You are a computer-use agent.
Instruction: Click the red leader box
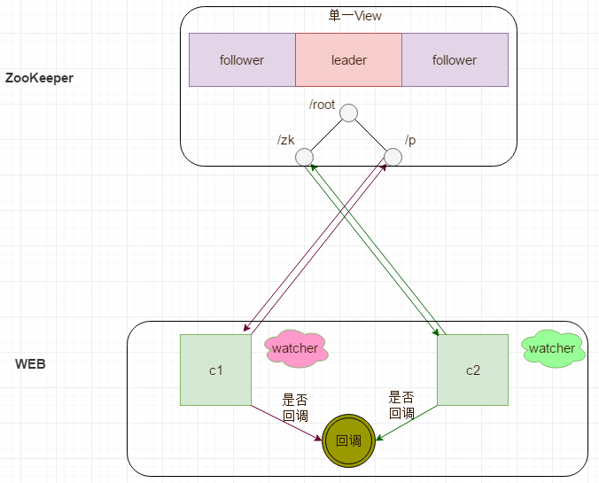(x=348, y=59)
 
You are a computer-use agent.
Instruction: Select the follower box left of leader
(x=242, y=59)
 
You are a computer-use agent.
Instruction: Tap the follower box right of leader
(x=455, y=59)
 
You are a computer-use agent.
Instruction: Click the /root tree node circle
(x=348, y=113)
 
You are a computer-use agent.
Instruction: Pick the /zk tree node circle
(x=305, y=157)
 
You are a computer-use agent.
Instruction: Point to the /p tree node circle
(x=393, y=157)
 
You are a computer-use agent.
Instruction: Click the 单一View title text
(x=355, y=16)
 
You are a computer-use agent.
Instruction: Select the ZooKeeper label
(x=39, y=78)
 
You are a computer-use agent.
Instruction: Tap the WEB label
(x=30, y=363)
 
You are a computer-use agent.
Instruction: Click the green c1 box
(x=216, y=370)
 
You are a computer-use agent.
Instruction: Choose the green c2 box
(x=472, y=370)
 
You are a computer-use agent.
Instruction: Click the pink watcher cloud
(x=296, y=348)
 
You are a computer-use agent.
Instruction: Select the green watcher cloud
(x=553, y=348)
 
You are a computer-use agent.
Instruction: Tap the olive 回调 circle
(x=348, y=440)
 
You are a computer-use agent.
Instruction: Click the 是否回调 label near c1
(x=295, y=408)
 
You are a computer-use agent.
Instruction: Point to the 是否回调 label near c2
(x=401, y=405)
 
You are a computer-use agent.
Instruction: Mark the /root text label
(x=322, y=105)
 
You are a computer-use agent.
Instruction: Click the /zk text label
(x=285, y=140)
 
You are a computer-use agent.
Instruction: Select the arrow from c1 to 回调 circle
(x=286, y=423)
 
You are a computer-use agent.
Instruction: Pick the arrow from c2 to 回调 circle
(x=407, y=423)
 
